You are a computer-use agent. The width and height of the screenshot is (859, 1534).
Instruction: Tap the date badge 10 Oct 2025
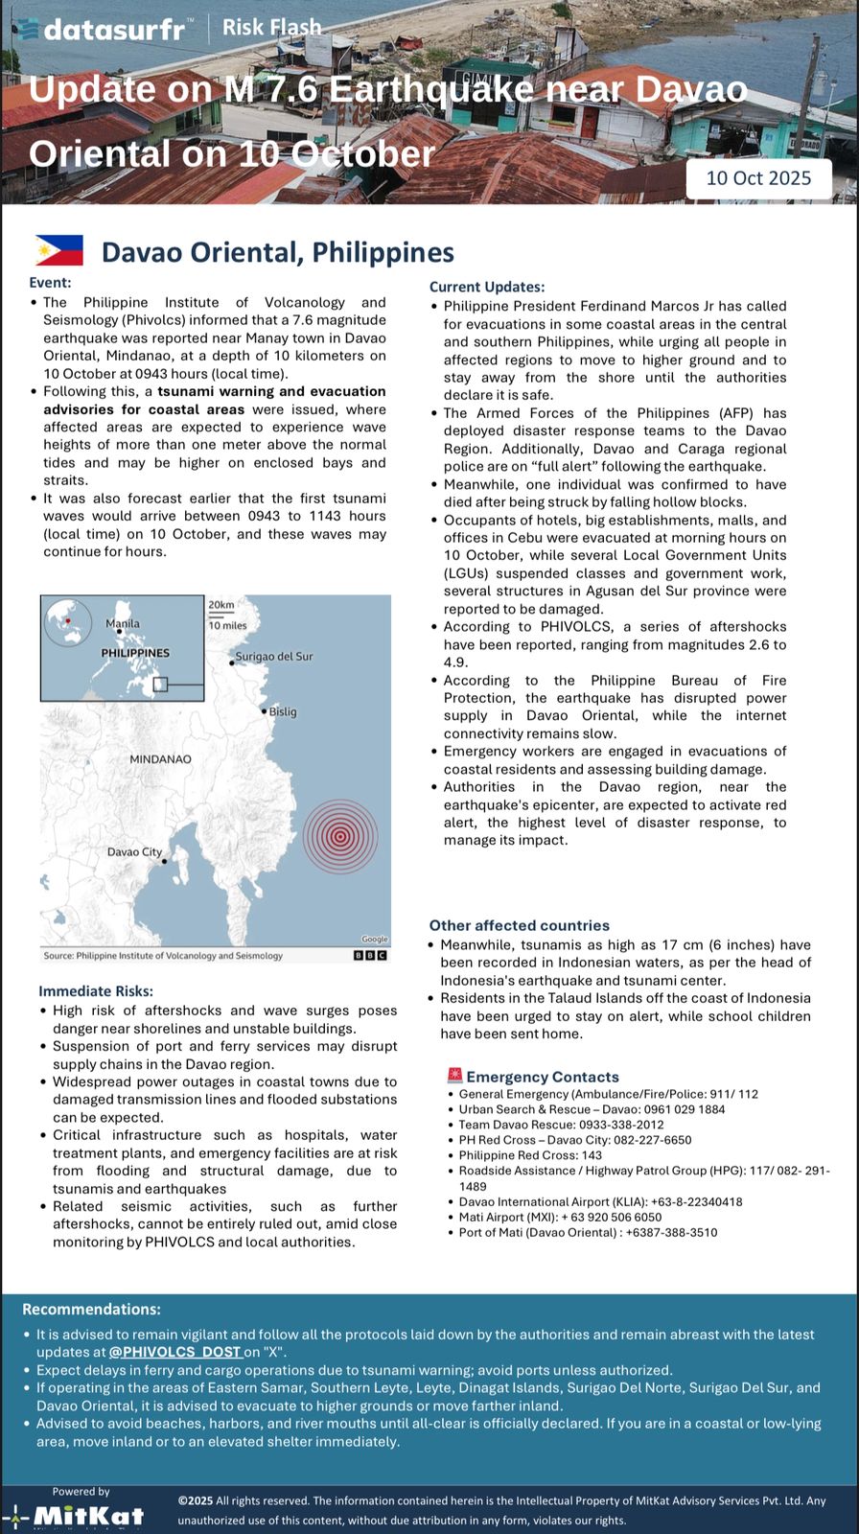[x=758, y=178]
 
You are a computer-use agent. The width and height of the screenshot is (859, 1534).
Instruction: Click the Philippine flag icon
[x=59, y=250]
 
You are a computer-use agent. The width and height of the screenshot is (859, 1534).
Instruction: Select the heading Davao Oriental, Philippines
[x=278, y=252]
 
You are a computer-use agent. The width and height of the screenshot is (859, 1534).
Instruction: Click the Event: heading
[x=50, y=283]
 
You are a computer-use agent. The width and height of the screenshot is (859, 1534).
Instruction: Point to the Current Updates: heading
[x=487, y=287]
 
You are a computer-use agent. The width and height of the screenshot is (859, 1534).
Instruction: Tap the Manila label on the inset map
[x=123, y=624]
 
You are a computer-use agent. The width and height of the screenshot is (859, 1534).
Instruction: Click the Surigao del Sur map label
[x=274, y=657]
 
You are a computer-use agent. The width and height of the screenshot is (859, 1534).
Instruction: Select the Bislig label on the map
[x=283, y=712]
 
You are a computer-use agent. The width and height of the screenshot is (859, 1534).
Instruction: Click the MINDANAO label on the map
[x=160, y=759]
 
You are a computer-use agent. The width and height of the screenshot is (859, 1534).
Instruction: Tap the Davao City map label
[x=134, y=852]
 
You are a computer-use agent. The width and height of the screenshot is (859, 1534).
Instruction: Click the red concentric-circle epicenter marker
[x=340, y=836]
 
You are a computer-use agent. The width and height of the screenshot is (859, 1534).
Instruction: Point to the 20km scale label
[x=221, y=605]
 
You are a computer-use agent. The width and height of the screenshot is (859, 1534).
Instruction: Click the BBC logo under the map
[x=370, y=955]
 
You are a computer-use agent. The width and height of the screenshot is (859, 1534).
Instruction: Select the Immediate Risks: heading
[x=96, y=991]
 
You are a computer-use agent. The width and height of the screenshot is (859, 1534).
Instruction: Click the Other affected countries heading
[x=520, y=925]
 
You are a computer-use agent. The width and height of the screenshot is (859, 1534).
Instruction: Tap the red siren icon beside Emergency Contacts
[x=454, y=1076]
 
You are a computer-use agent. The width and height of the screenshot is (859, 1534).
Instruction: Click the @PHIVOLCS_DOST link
[x=174, y=1352]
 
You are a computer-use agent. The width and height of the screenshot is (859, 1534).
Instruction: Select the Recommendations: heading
[x=92, y=1310]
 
